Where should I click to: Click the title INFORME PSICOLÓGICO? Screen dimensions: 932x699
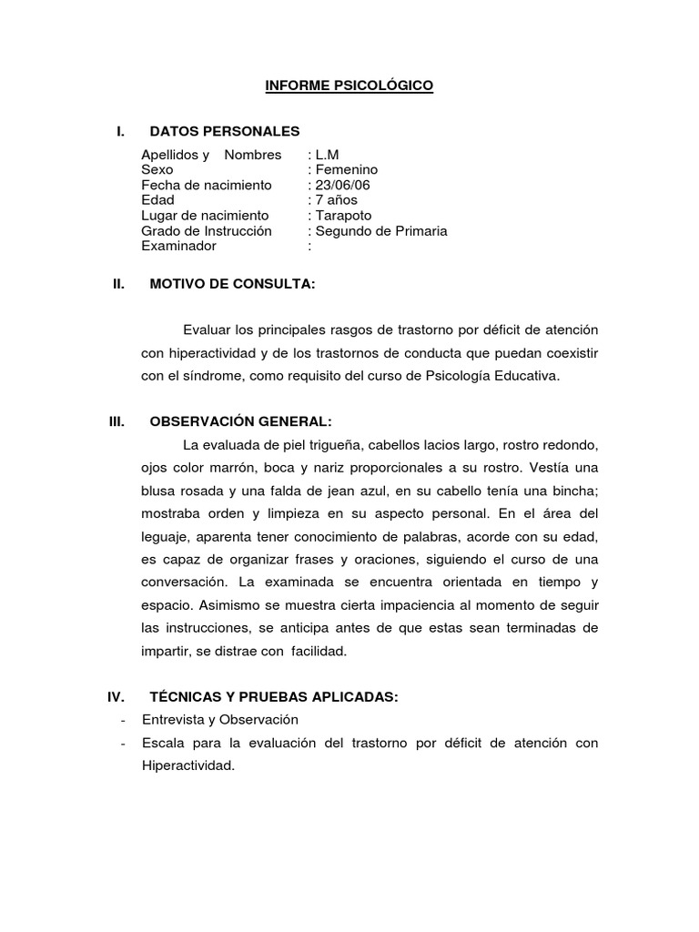(349, 86)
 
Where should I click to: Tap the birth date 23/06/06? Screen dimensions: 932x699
(342, 185)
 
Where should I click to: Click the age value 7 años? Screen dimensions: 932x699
(336, 199)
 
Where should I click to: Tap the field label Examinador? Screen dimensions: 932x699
(178, 246)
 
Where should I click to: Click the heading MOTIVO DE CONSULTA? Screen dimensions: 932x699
(232, 284)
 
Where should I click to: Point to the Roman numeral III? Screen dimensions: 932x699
(116, 421)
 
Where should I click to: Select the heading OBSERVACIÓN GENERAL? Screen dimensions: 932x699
(240, 421)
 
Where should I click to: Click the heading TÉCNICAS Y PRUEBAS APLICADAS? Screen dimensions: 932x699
(274, 697)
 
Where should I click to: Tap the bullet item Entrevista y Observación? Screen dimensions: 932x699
(220, 719)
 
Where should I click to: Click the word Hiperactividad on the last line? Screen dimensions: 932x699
(187, 765)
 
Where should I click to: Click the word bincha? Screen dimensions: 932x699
(573, 491)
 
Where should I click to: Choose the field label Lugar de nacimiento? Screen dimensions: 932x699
(205, 215)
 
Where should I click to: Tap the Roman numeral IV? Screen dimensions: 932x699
(116, 697)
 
